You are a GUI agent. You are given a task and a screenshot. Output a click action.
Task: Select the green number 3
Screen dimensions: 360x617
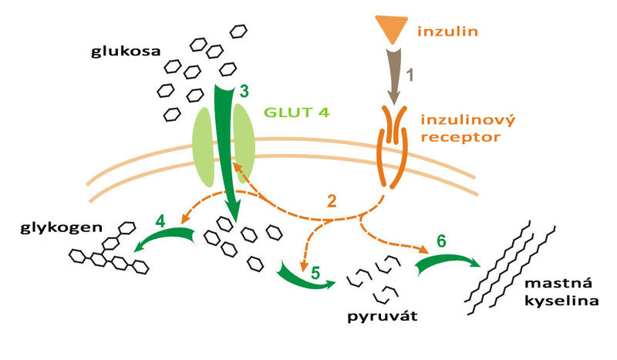pyautogui.click(x=243, y=91)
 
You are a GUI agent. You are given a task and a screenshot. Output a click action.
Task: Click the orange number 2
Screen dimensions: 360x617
pyautogui.click(x=332, y=203)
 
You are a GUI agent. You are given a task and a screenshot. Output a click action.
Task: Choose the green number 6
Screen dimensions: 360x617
pyautogui.click(x=440, y=241)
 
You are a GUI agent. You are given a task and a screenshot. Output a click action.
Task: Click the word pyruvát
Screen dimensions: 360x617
pyautogui.click(x=380, y=317)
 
